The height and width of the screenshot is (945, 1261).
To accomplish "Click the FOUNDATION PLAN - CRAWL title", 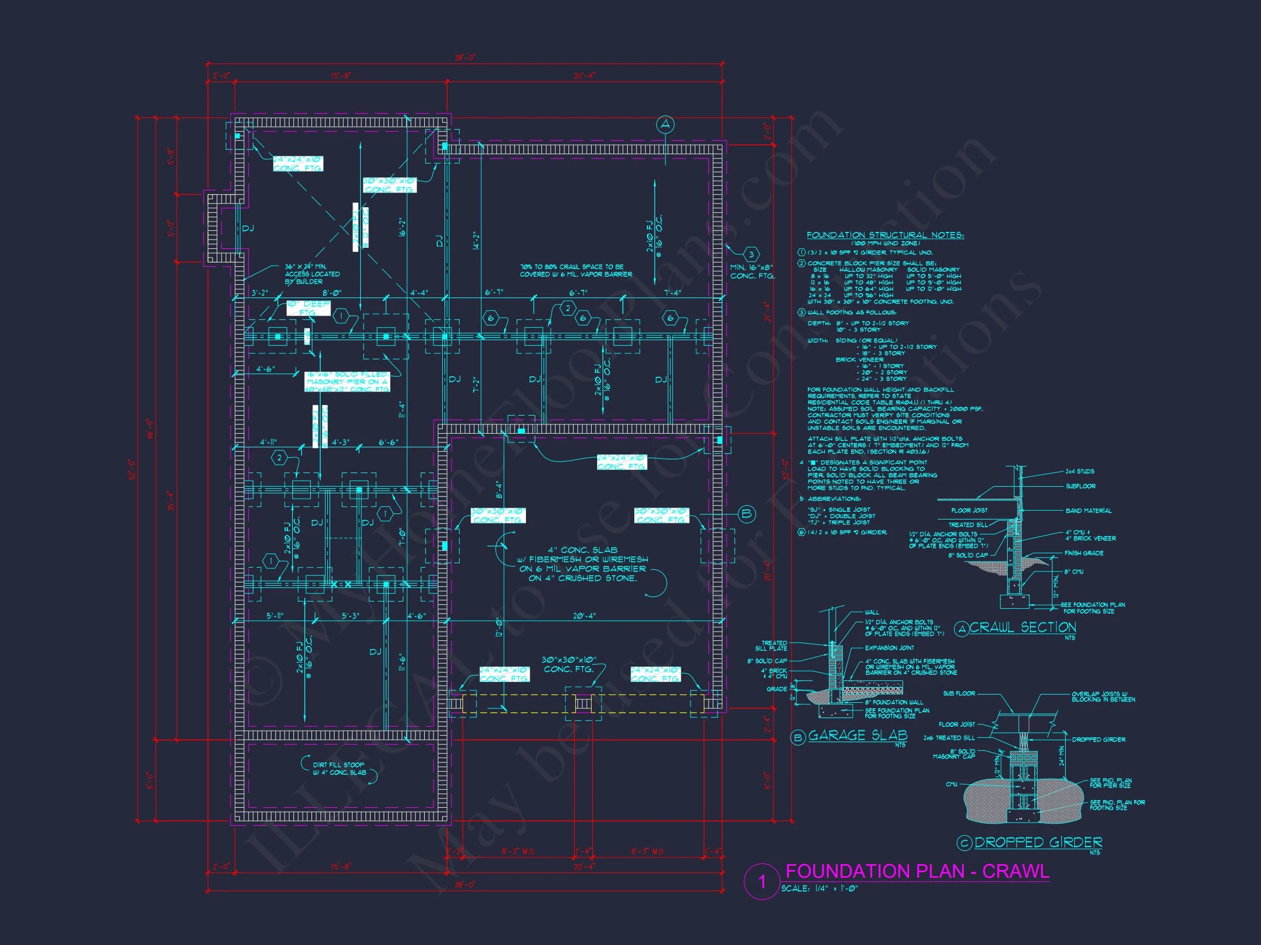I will click(x=917, y=872).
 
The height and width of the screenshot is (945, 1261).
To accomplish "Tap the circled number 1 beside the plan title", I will click(x=762, y=882).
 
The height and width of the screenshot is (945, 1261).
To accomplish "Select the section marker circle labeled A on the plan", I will click(x=666, y=125).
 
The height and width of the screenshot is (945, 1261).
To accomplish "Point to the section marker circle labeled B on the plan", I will click(x=747, y=514).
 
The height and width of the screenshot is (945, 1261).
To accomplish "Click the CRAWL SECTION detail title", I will click(x=1023, y=628).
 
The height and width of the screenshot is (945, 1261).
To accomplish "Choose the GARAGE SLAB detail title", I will click(x=858, y=736).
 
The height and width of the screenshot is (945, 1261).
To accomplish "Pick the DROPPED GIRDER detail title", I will click(x=1038, y=842).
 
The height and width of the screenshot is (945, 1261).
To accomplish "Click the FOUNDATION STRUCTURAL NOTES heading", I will click(x=885, y=235).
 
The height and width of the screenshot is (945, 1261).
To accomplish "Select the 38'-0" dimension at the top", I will click(x=465, y=58).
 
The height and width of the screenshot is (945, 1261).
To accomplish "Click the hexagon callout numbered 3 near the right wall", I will click(x=751, y=255).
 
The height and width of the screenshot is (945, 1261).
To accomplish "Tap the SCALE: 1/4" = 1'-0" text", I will click(x=819, y=889).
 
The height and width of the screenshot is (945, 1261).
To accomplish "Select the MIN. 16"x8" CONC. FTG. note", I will click(x=752, y=272).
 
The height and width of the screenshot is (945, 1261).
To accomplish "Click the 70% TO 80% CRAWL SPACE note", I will click(x=575, y=271).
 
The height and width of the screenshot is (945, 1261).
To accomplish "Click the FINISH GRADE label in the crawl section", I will click(x=1084, y=553).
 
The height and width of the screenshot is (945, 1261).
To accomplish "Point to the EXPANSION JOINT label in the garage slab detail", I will click(x=889, y=647).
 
